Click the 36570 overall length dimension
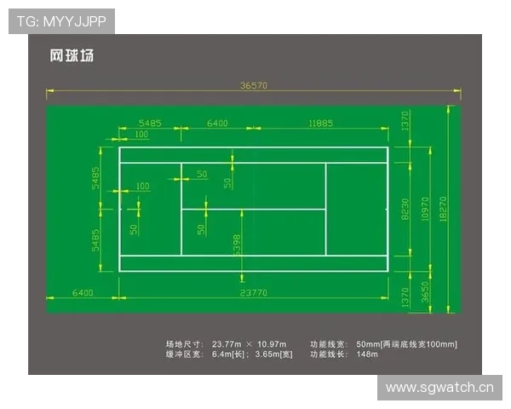point(254,85)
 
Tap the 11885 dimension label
point(321,124)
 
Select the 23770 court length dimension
point(254,293)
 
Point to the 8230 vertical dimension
point(405,209)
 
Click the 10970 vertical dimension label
point(425,209)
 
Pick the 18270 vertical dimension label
point(443,209)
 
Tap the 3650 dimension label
point(425,292)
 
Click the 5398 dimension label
point(238,245)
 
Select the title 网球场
point(72,55)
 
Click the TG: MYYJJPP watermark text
point(61,21)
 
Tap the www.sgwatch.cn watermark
point(439,388)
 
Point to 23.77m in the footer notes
point(227,344)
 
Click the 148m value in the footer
point(367,354)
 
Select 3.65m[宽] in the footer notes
point(273,354)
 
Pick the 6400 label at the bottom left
point(83,293)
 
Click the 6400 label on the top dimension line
point(217,124)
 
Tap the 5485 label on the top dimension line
point(150,124)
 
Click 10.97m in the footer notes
point(272,344)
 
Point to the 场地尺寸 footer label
point(185,344)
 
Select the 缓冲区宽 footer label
point(185,354)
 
